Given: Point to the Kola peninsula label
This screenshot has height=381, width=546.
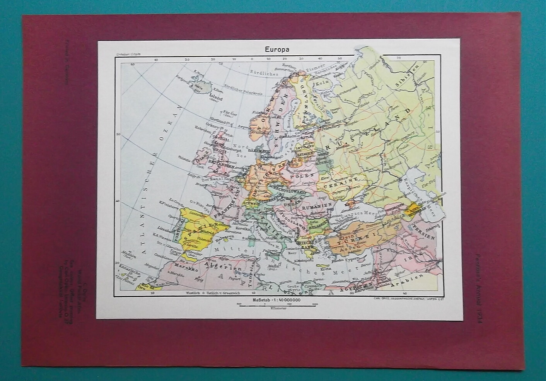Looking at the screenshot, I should coord(320,84).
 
